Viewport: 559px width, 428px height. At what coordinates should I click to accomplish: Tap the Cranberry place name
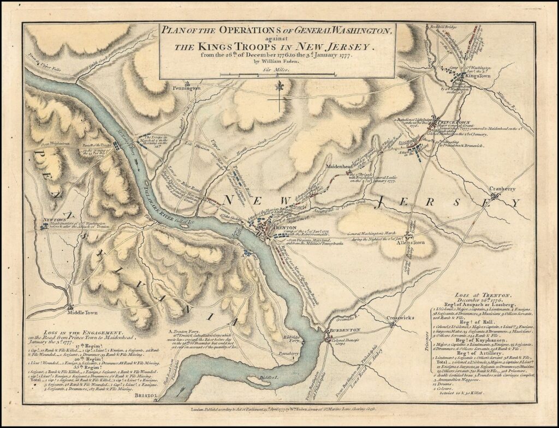(x=502, y=189)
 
